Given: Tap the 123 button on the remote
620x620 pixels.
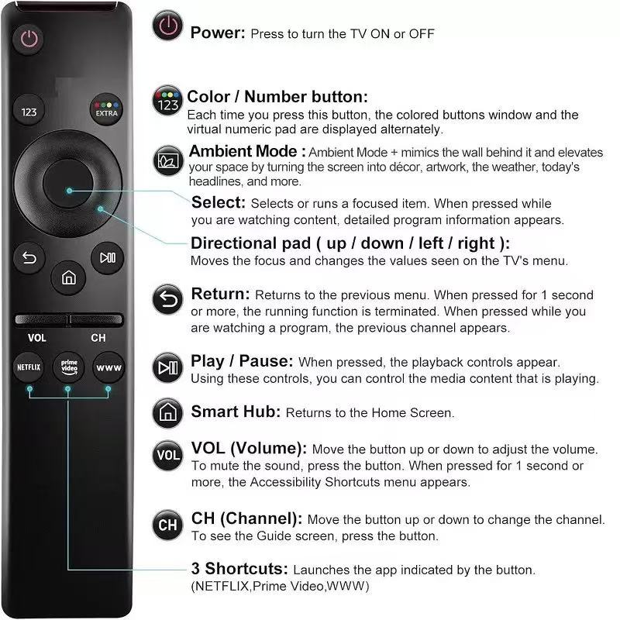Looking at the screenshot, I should tap(29, 112).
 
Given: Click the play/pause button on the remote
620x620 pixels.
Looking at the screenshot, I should tap(106, 257).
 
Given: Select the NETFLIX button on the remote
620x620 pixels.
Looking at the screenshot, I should tap(29, 368).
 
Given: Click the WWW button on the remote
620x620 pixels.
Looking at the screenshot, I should tap(108, 368).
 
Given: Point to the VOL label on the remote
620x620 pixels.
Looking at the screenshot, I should tap(37, 338).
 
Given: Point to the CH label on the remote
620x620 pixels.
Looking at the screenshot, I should tap(98, 338).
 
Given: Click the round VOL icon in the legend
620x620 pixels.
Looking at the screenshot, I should tap(168, 455).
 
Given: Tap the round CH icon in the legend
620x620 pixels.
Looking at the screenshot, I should tap(168, 525).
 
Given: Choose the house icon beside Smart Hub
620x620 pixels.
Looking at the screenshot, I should tap(168, 411).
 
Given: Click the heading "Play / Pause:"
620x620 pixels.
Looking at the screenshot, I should tap(242, 362).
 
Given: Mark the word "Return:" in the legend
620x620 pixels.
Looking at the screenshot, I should tap(220, 294).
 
